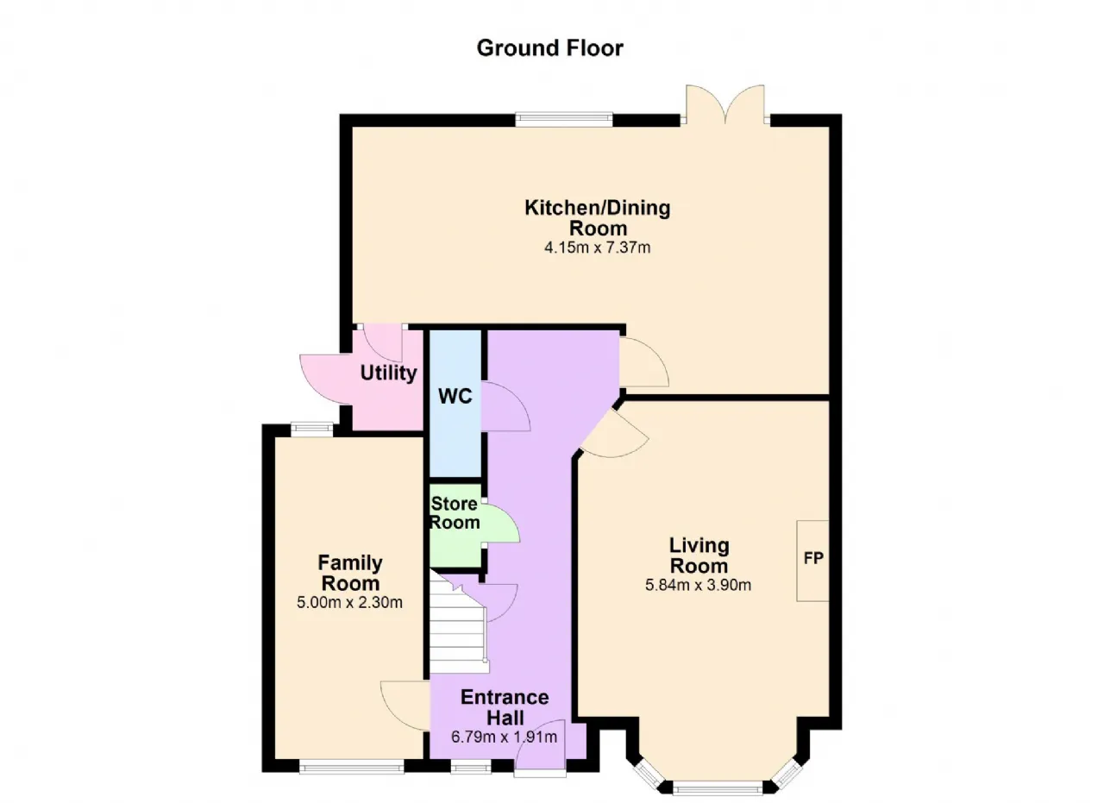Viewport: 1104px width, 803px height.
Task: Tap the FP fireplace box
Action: pyautogui.click(x=812, y=561)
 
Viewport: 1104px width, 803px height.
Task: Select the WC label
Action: pyautogui.click(x=455, y=396)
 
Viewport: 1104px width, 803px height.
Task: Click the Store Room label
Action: pyautogui.click(x=455, y=513)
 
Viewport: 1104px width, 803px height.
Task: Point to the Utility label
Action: pyautogui.click(x=388, y=373)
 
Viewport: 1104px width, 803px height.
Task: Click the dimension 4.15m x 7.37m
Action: pyautogui.click(x=598, y=247)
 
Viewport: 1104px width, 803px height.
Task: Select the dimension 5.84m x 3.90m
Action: pyautogui.click(x=699, y=585)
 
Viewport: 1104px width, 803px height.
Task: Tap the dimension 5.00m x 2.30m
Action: pyautogui.click(x=349, y=602)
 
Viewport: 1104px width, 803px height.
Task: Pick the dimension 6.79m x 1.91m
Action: pyautogui.click(x=504, y=737)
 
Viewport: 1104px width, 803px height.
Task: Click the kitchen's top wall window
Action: pyautogui.click(x=564, y=119)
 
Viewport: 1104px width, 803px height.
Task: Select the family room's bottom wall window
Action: pyautogui.click(x=351, y=767)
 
